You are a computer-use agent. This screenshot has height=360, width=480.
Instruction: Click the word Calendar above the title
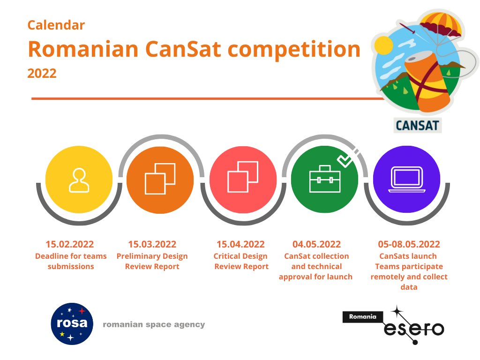56,25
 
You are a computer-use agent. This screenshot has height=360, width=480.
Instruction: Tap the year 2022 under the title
42,74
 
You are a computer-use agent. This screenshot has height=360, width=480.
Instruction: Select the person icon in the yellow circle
79,180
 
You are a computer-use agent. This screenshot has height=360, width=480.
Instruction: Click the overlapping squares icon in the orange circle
160,179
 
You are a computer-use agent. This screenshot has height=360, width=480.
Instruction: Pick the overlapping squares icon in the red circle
243,177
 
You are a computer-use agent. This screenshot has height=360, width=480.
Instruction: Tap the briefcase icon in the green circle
325,179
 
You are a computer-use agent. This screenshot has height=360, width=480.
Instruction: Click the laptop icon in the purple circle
407,180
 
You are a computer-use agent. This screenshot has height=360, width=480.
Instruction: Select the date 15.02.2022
70,244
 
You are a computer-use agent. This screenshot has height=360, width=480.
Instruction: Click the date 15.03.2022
152,244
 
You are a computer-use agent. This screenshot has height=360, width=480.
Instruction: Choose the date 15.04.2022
240,244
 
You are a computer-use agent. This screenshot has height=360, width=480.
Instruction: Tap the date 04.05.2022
316,244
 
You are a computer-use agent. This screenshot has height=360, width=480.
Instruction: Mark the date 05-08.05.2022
409,244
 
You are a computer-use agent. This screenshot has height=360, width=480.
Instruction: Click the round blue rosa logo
72,324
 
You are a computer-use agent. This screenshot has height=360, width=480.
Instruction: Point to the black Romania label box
363,317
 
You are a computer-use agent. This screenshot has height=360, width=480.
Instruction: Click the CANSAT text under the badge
418,126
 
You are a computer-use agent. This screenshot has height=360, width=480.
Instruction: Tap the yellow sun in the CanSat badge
383,45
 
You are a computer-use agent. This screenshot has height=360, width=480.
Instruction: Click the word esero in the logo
414,329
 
